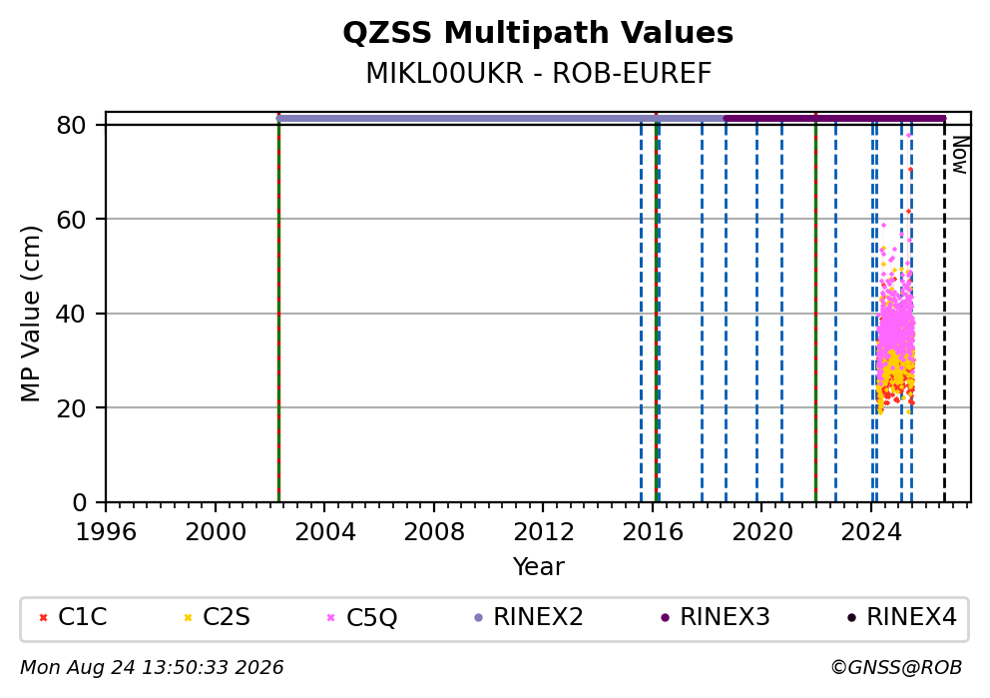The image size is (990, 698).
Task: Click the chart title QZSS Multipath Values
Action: coord(538,33)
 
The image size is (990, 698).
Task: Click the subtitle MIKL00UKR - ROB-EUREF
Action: coord(539,74)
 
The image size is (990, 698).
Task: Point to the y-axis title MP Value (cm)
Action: coord(30,314)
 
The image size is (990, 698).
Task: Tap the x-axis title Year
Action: coord(539,566)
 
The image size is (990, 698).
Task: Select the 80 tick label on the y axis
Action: coord(71,125)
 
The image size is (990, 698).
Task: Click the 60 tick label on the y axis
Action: coord(71,220)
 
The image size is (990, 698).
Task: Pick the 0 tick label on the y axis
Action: coord(79,503)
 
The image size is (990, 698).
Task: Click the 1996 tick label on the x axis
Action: coord(106,532)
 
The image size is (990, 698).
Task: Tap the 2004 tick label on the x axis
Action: coord(324,532)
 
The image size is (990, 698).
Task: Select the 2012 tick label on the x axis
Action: coord(543,532)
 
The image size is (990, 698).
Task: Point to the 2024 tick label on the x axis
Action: coord(870,532)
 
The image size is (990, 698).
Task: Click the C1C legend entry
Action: coord(73,617)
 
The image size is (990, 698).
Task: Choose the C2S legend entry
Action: coord(218,617)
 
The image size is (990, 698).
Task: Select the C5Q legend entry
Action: coord(362,617)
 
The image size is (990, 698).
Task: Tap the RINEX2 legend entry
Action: coord(529,617)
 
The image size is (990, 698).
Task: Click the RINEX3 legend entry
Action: coord(716,617)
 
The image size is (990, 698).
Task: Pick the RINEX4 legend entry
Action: coord(902,617)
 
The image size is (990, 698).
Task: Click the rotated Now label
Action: coord(960,156)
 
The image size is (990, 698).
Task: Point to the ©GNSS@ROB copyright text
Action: coord(896,668)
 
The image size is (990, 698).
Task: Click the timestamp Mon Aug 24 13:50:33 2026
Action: coord(152,668)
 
